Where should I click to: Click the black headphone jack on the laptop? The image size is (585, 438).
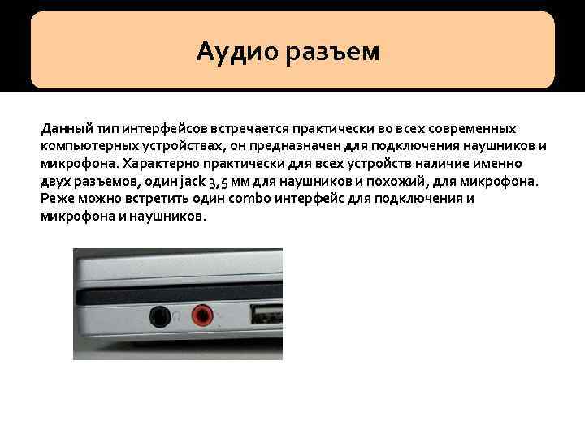[x=161, y=315]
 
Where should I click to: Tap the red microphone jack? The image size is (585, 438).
[x=201, y=314]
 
